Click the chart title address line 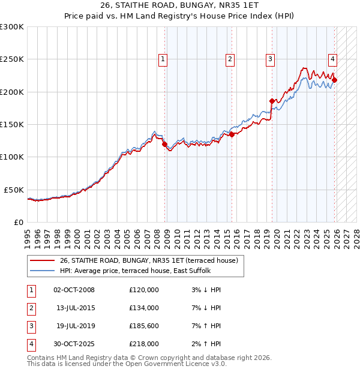[x=179, y=6]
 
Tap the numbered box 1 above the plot [x=163, y=59]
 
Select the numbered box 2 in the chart [x=230, y=59]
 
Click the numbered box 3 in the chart [x=271, y=59]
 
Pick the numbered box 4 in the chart [x=332, y=59]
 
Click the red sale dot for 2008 [x=164, y=144]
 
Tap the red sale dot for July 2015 [x=232, y=135]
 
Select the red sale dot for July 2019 [x=272, y=101]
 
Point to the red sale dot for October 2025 [x=335, y=80]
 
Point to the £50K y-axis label [x=14, y=190]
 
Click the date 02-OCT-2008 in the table [x=74, y=290]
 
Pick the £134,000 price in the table [x=144, y=308]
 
